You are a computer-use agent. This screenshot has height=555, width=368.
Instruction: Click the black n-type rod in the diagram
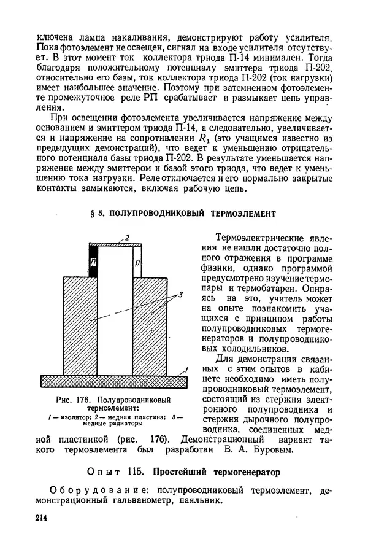click(94, 261)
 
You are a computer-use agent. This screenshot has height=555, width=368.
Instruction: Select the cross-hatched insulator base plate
click(113, 381)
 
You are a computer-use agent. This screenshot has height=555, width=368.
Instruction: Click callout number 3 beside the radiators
click(181, 295)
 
